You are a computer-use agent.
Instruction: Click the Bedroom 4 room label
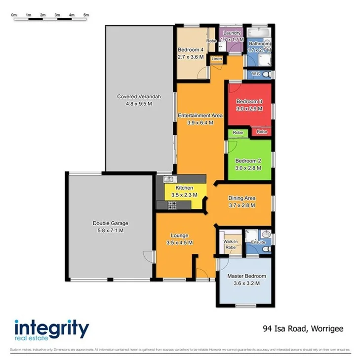pos(191,50)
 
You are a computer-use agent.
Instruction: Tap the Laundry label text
pos(231,33)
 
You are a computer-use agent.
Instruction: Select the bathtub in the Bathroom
pos(258,34)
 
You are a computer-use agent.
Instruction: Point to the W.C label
pos(255,74)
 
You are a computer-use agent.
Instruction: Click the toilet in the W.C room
pos(267,74)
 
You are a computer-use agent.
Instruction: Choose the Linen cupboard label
pos(216,59)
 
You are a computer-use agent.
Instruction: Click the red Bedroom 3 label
pos(249,101)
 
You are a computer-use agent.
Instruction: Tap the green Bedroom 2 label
pos(248,161)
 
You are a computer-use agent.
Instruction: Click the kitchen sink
pos(168,179)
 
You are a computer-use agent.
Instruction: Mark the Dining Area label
pos(241,198)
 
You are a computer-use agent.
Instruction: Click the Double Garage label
pos(108,223)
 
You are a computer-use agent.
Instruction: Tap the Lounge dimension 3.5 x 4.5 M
pos(179,243)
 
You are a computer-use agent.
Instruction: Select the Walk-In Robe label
pos(231,244)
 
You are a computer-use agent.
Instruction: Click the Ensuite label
pos(258,243)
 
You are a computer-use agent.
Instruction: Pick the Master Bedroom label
pos(246,276)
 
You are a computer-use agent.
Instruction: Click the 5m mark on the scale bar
pos(86,15)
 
